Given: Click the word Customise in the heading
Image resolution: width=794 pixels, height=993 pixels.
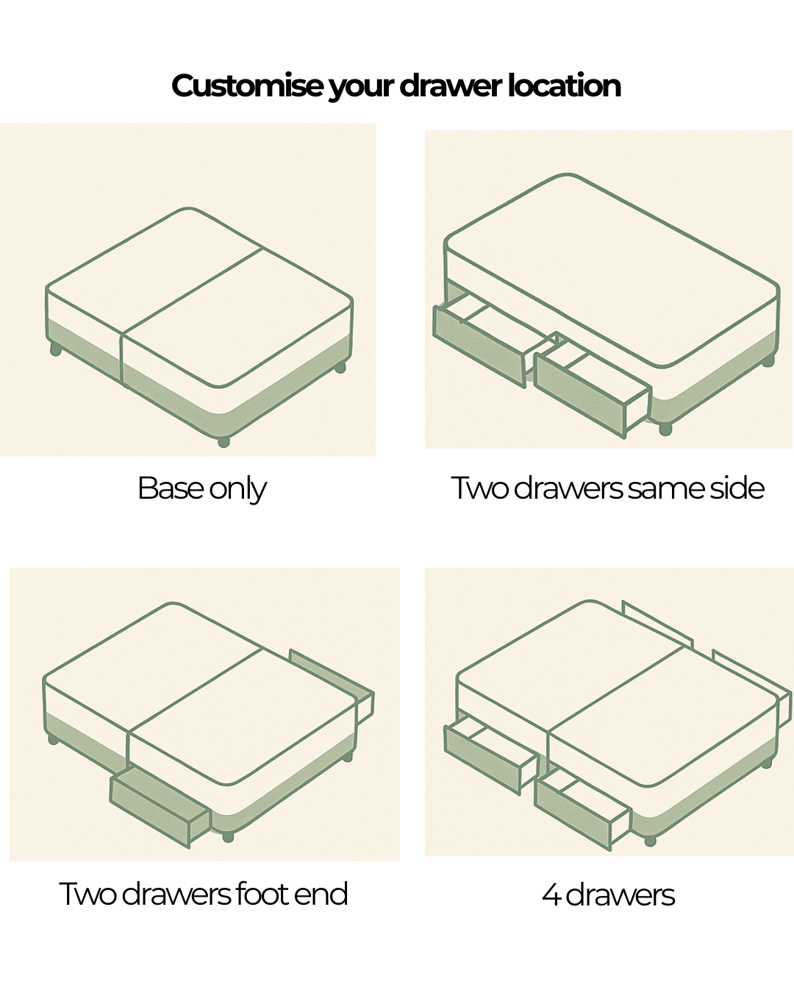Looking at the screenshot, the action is (247, 85).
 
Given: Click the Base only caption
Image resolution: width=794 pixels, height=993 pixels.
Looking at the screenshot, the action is (201, 488).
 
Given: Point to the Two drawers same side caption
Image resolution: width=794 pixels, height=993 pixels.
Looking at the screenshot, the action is (607, 488).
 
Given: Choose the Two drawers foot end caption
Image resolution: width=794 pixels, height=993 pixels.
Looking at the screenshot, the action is (204, 894).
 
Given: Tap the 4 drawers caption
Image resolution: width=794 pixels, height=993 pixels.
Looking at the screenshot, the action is (608, 894).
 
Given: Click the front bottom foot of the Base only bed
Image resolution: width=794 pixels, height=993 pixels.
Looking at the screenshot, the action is (223, 442).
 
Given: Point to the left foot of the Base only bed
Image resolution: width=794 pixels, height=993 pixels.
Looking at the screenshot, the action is (55, 350).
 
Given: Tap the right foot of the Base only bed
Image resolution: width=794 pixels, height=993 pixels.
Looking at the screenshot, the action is (340, 367).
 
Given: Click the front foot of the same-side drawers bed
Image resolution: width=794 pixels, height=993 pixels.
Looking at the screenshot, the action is (665, 430).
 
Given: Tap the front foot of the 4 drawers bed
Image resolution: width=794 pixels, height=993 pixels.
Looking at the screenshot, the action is (650, 841).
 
